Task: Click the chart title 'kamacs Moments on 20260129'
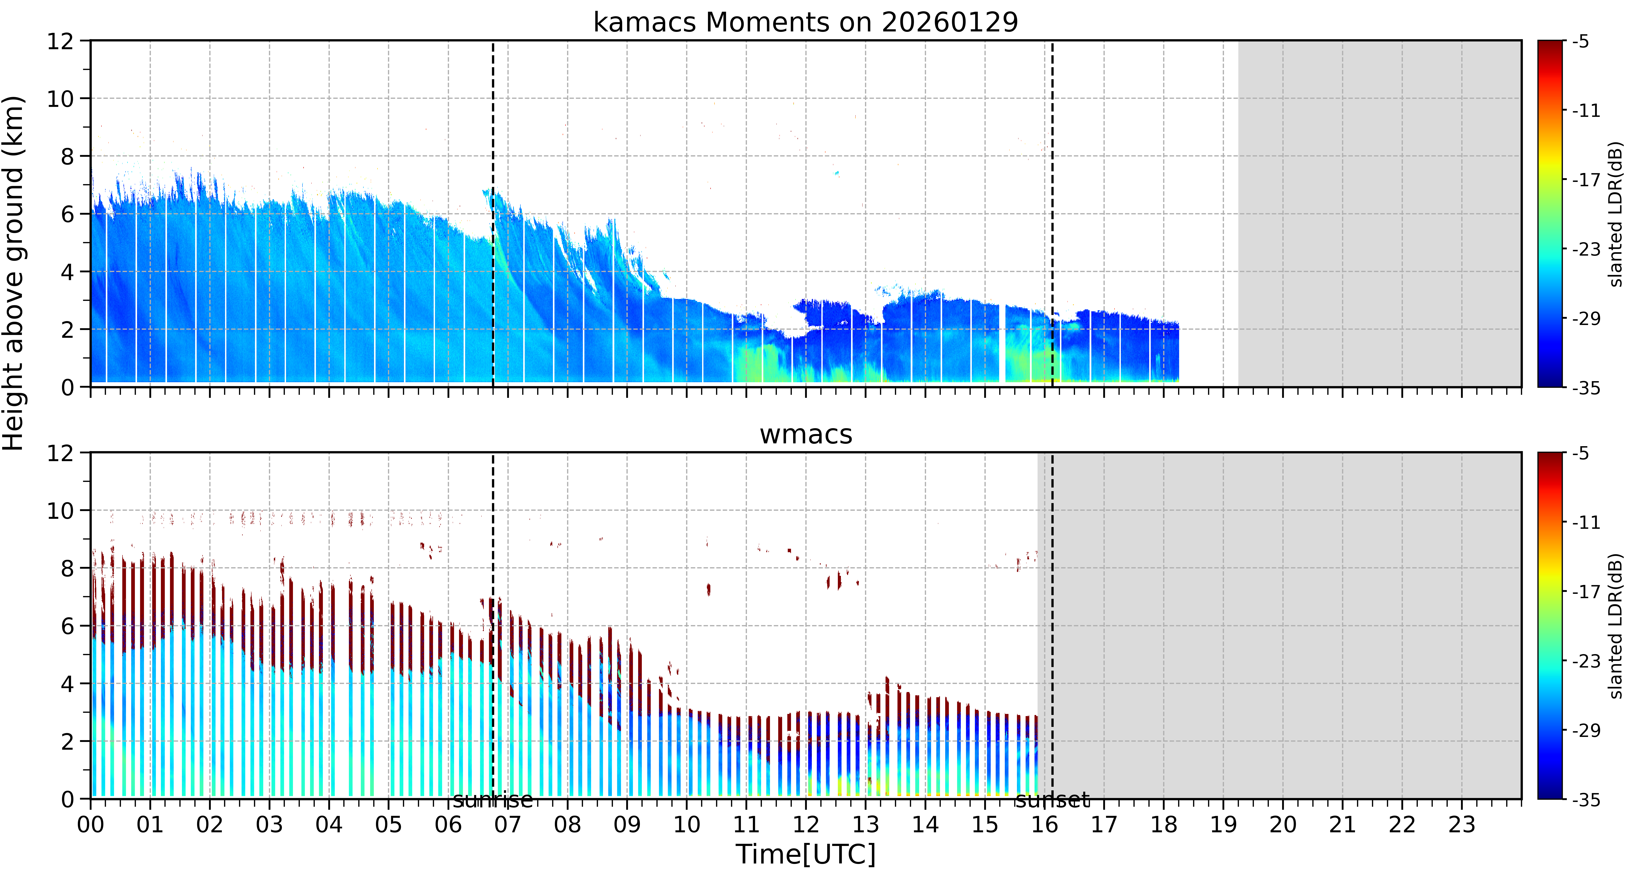click(805, 22)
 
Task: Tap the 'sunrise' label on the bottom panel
click(493, 800)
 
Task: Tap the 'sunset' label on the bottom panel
click(1052, 800)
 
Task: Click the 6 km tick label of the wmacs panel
click(67, 626)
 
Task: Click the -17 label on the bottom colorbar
click(1586, 592)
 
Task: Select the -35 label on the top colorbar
click(1586, 388)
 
